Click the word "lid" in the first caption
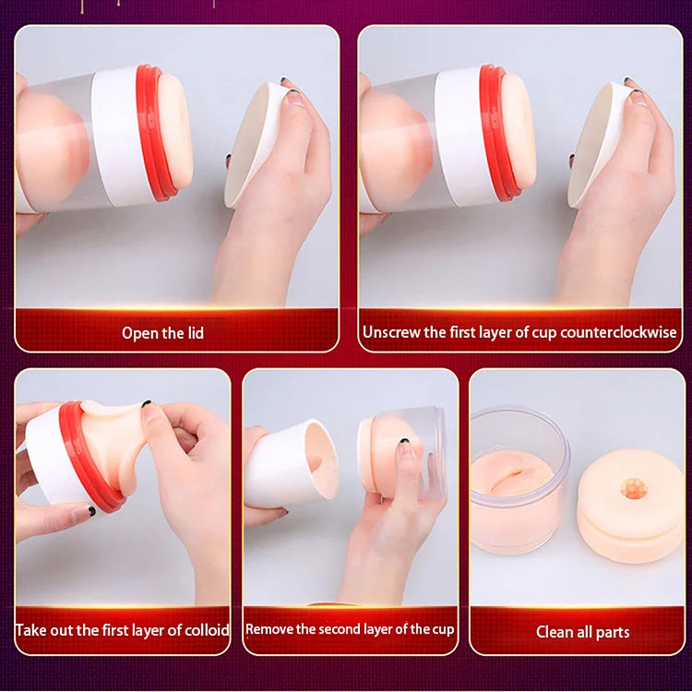click(x=195, y=333)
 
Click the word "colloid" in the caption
click(x=207, y=630)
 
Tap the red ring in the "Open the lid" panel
click(x=153, y=132)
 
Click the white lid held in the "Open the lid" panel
click(x=256, y=142)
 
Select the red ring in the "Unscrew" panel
click(x=497, y=132)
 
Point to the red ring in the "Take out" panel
click(x=89, y=459)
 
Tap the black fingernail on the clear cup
click(x=403, y=440)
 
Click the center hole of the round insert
click(x=634, y=489)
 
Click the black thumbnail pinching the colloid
click(x=146, y=403)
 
